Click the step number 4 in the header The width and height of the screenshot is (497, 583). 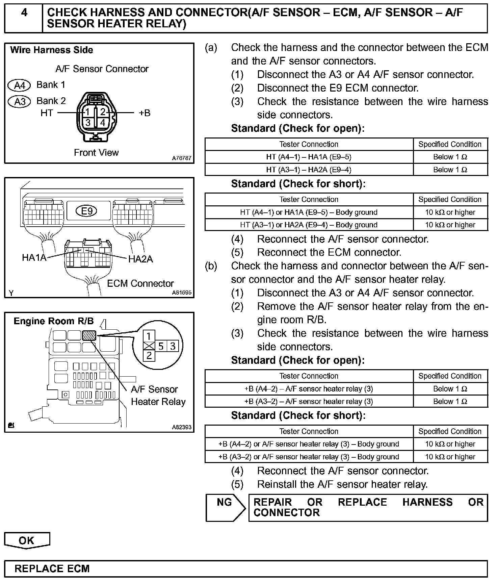coord(24,13)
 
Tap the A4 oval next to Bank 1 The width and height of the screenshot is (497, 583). coord(19,85)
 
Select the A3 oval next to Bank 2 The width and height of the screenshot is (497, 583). coord(19,101)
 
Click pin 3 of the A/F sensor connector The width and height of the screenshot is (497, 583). coord(88,122)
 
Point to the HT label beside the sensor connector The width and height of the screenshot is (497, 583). coord(47,113)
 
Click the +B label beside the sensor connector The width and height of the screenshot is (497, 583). coord(145,113)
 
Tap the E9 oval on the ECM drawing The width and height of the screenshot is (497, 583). coord(87,211)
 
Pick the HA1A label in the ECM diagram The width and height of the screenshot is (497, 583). coord(34,258)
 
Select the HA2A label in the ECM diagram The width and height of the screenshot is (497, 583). coord(140,259)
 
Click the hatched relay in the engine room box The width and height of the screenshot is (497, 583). coord(89,335)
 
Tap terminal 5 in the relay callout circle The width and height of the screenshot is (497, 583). coord(161,346)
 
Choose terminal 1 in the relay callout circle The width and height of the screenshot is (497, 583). coord(149,336)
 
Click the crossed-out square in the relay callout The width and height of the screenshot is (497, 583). coord(149,346)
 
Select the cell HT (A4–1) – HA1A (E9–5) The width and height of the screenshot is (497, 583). coord(309,157)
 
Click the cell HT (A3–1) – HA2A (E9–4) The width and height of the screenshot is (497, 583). coord(309,170)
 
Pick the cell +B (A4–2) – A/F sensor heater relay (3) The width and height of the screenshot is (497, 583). coord(309,389)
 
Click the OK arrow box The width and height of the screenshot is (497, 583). coord(27,540)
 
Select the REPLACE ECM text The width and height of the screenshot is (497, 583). coord(52,569)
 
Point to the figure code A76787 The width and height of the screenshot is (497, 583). coord(182,158)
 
